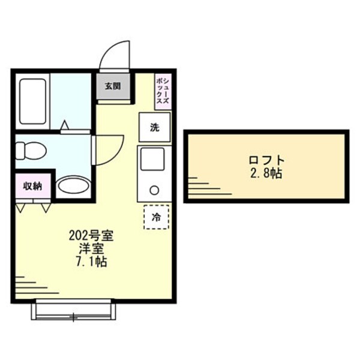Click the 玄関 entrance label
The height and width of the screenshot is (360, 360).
click(x=112, y=86)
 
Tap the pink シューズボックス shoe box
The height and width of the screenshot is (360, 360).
click(x=162, y=92)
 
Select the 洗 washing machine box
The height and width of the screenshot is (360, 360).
click(x=155, y=127)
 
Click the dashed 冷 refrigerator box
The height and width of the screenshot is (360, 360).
click(x=156, y=217)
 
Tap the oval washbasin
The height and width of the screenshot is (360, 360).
click(x=73, y=187)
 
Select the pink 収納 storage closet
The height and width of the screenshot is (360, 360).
click(x=32, y=185)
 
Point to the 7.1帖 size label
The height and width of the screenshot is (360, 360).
click(x=92, y=262)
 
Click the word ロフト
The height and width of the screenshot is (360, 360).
click(x=266, y=160)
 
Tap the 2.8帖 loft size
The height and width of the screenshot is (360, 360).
click(x=266, y=174)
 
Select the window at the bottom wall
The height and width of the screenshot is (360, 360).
click(x=73, y=311)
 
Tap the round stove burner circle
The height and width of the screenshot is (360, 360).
click(x=154, y=191)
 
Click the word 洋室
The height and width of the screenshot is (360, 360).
click(x=92, y=248)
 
